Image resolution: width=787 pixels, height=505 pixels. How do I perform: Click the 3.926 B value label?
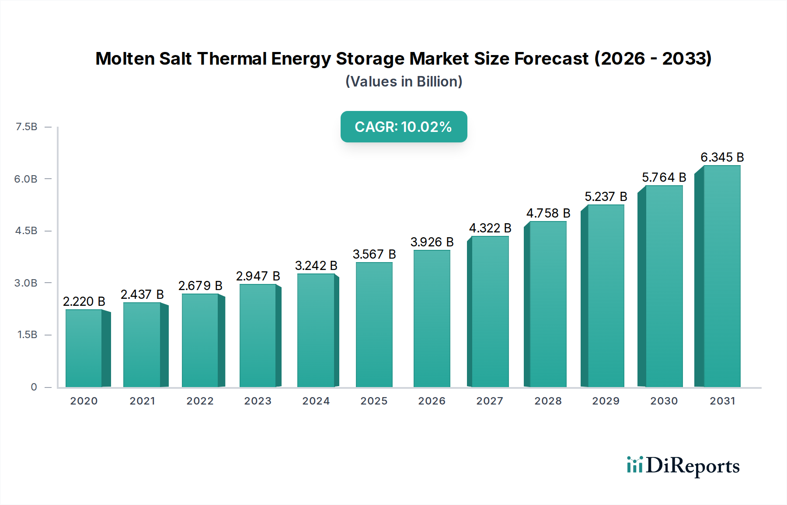tap(432, 242)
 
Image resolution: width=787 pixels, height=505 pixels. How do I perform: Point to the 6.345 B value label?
tap(722, 157)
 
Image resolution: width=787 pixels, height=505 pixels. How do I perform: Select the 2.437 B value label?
tap(142, 294)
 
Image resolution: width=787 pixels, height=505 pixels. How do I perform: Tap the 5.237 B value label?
tap(606, 197)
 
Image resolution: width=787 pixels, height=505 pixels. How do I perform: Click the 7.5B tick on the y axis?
tap(26, 127)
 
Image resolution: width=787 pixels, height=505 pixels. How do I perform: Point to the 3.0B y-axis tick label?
tap(26, 283)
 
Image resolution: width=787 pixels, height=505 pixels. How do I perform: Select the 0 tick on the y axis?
tap(34, 387)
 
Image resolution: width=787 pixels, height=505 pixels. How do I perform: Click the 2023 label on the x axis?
tap(258, 401)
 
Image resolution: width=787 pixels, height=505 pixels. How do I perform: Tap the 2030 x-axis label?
tap(664, 401)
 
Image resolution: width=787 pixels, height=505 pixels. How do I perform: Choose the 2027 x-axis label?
tap(490, 401)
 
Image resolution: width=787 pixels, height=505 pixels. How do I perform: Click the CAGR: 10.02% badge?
tap(404, 127)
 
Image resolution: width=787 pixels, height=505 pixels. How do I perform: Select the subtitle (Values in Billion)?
tap(404, 81)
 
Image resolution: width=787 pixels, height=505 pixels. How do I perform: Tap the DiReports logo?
tap(683, 466)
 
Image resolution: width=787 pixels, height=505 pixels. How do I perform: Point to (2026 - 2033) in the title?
tap(653, 59)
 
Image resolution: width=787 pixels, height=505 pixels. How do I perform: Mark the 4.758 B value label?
tap(548, 213)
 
